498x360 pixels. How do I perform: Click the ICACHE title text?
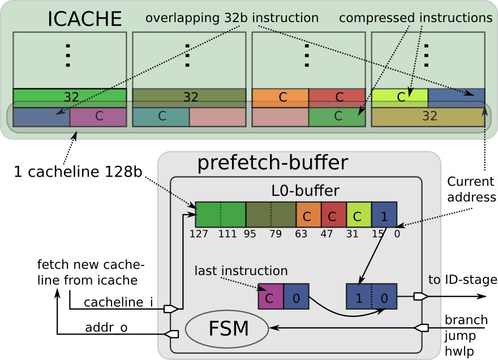(84, 19)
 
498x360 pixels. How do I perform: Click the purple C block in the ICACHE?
(98, 117)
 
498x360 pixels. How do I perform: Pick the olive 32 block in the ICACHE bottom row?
(428, 117)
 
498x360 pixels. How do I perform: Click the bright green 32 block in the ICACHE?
(70, 97)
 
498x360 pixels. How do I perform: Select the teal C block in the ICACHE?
(161, 117)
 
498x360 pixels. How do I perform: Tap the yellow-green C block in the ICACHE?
(400, 97)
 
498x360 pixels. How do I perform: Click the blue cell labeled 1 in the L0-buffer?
(384, 215)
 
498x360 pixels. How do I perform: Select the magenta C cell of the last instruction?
(270, 297)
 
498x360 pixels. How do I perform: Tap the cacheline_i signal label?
(118, 303)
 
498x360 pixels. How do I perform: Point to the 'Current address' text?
(470, 190)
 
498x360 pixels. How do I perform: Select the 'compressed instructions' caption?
(416, 18)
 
